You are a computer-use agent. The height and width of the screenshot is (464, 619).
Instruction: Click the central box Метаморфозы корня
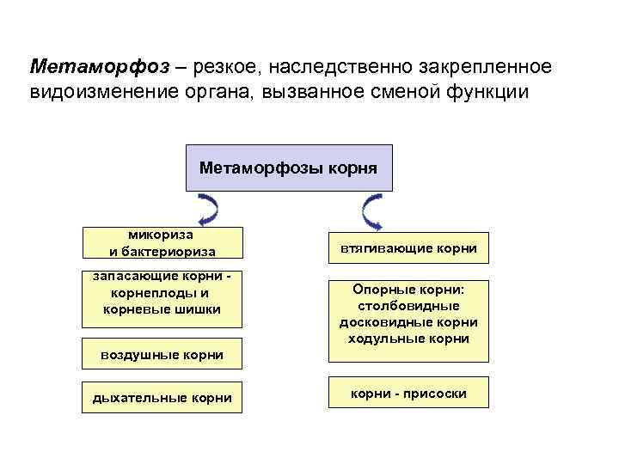288,167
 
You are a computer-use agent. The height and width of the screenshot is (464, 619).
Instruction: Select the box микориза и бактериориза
162,243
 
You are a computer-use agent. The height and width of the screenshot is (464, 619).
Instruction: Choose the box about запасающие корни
162,299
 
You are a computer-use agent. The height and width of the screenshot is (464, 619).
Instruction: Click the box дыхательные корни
162,396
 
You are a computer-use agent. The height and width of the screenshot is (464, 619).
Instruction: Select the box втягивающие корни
408,249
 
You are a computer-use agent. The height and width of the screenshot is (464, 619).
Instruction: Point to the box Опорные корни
408,314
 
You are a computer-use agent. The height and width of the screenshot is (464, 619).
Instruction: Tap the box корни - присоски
408,394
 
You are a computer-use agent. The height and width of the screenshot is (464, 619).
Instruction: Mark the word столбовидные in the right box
408,306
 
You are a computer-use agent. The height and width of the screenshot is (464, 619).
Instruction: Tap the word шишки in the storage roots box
199,309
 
